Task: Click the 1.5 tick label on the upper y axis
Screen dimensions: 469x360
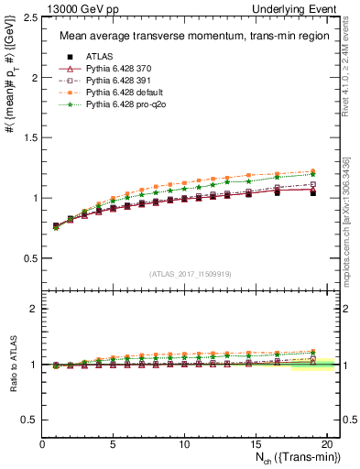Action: point(30,138)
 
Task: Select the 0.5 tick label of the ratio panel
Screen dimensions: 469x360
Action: point(30,420)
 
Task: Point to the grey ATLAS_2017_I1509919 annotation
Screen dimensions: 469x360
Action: point(191,274)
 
